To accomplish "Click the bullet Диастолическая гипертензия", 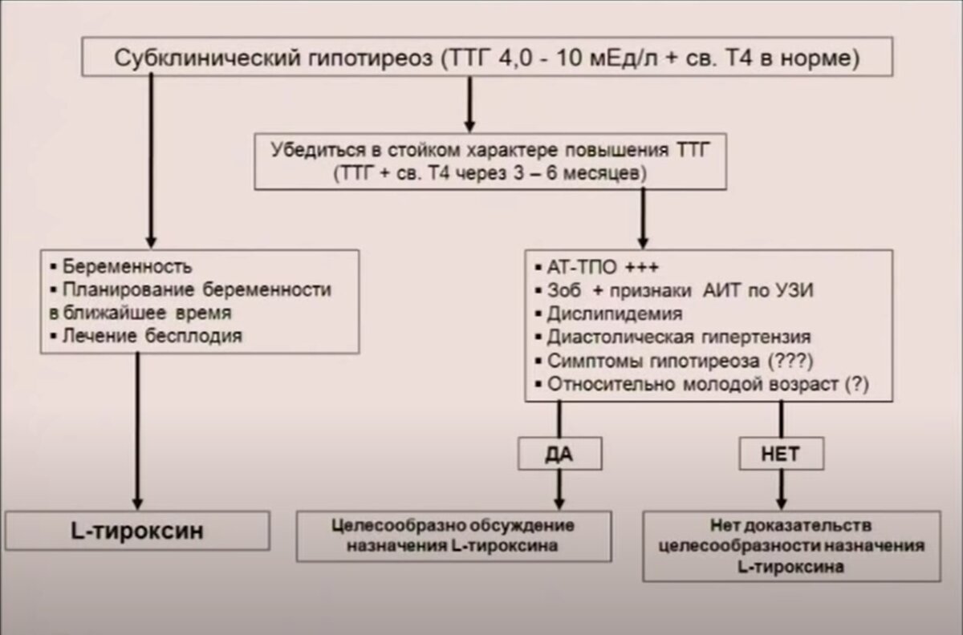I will pyautogui.click(x=679, y=337).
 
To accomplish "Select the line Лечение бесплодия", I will pyautogui.click(x=149, y=337).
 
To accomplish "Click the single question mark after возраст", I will pyautogui.click(x=856, y=383).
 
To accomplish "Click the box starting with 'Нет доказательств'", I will pyautogui.click(x=791, y=545).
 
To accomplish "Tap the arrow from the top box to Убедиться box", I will pyautogui.click(x=470, y=104).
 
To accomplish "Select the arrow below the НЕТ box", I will pyautogui.click(x=782, y=489).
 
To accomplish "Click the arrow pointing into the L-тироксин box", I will pyautogui.click(x=138, y=433).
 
